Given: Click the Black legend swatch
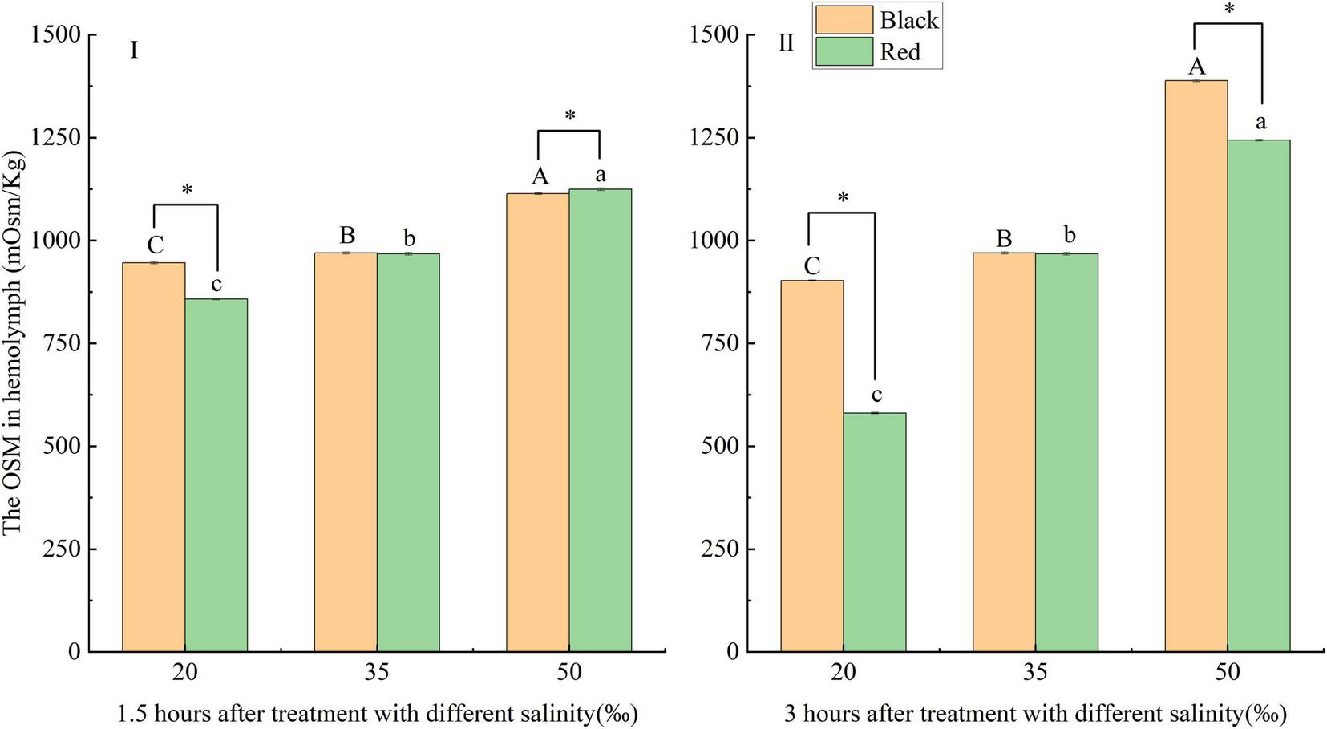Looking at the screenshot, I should [844, 19].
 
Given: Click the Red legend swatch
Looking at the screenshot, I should [844, 51].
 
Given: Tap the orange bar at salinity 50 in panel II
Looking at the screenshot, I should [1196, 366].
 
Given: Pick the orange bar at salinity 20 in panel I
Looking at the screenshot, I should [153, 457].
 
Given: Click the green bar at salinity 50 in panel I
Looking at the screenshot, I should [600, 420].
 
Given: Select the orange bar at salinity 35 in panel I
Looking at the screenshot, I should [346, 452].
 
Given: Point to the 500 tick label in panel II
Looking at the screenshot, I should [718, 447].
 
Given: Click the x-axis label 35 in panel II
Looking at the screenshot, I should [1035, 672].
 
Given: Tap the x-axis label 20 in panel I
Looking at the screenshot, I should [185, 672].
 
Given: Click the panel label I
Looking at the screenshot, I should [134, 51].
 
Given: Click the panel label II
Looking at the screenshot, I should [786, 43].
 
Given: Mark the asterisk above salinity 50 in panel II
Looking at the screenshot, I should [1228, 10].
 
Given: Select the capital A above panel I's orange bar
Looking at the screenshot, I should [540, 176].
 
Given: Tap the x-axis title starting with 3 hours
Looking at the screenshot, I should [1035, 713].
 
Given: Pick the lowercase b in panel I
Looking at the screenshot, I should [409, 237].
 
